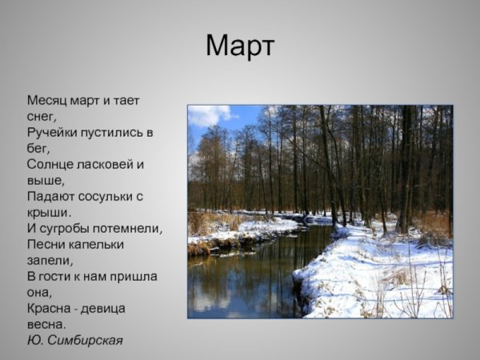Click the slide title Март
tap(239, 46)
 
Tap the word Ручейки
tap(54, 132)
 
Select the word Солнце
tap(52, 164)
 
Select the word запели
tap(49, 260)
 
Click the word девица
tap(103, 308)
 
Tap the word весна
tap(46, 324)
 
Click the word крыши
tap(48, 212)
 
